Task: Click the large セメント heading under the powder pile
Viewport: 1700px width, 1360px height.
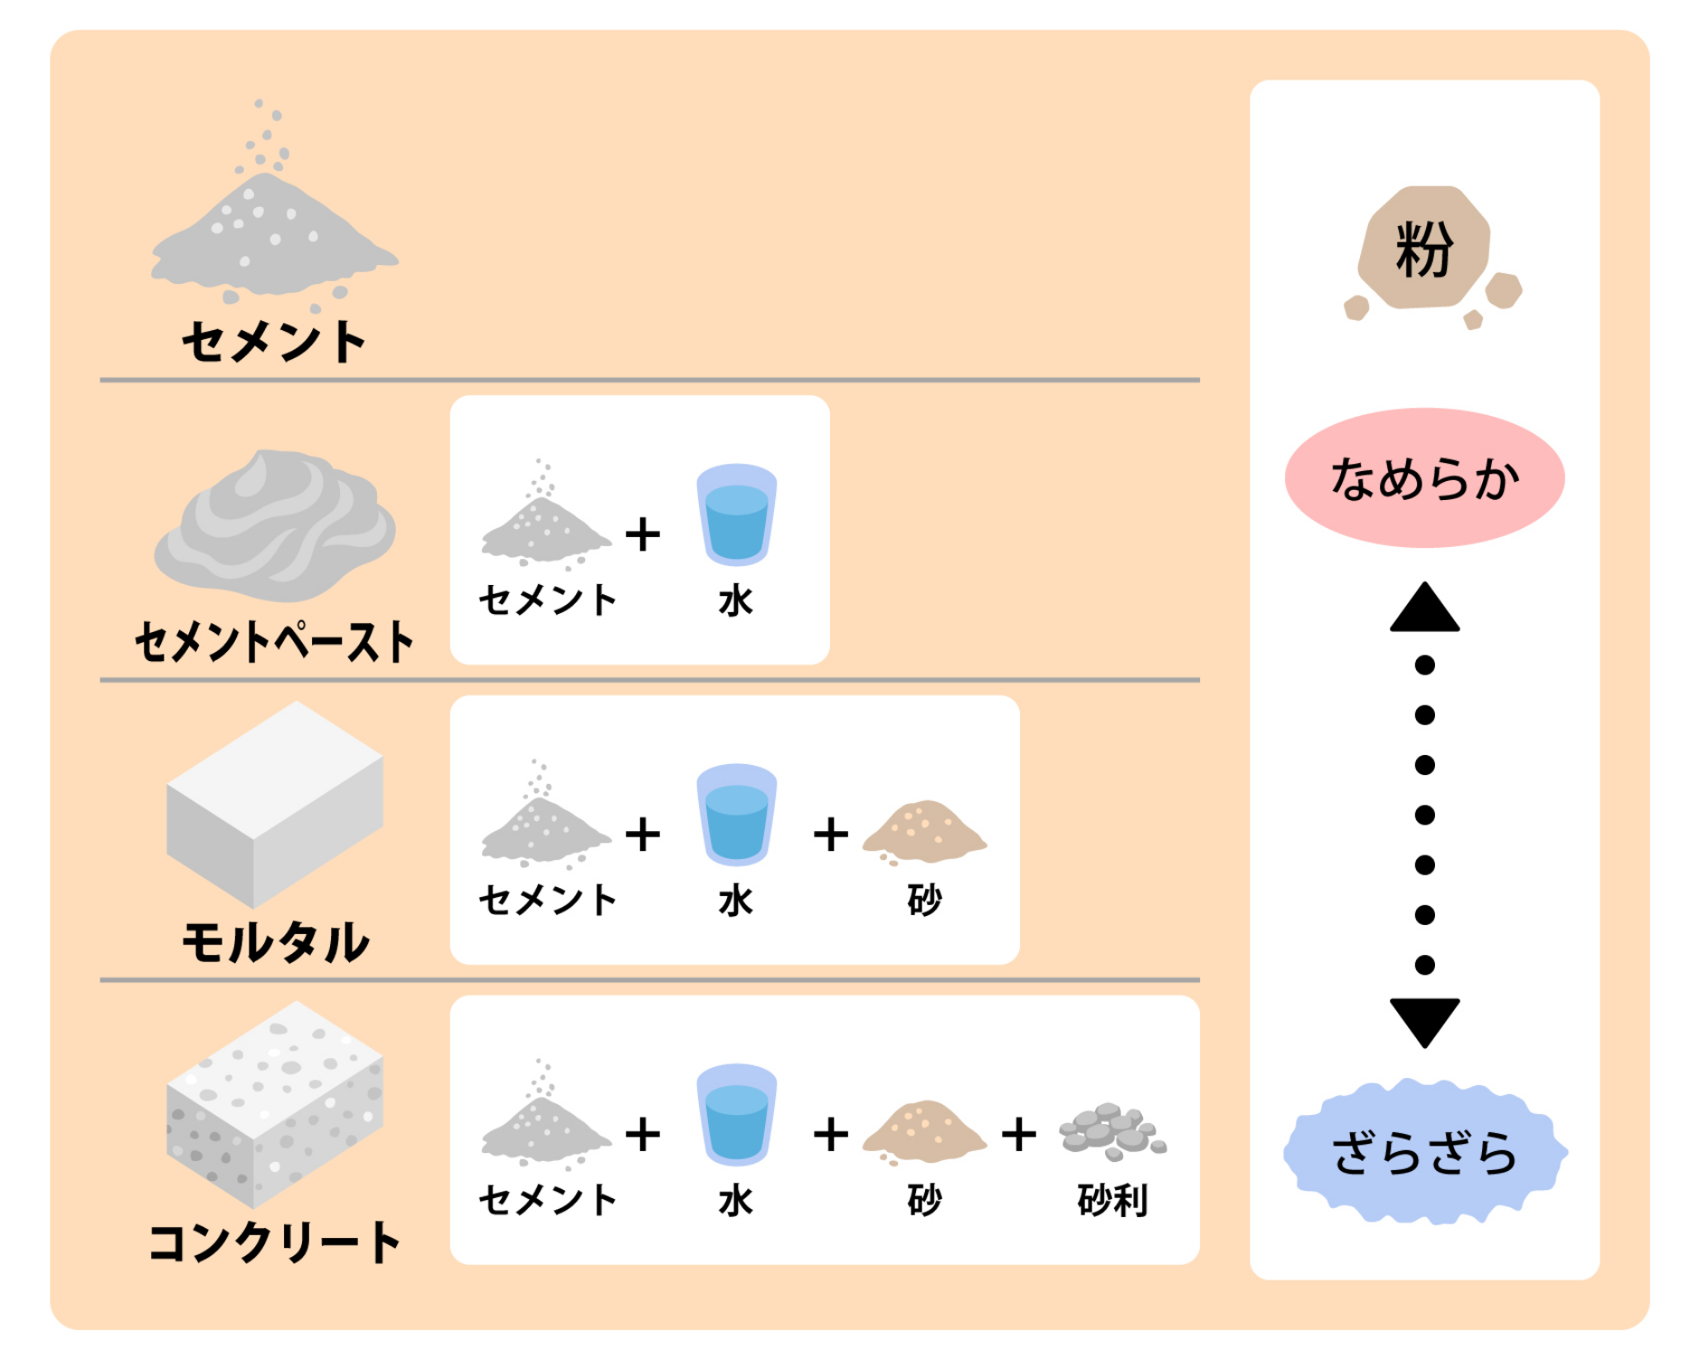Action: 274,342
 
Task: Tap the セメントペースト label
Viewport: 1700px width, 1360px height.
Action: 274,642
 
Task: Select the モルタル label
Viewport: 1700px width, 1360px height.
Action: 276,942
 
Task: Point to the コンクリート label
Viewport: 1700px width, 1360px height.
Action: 274,1242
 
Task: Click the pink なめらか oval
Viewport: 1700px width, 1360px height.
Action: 1424,477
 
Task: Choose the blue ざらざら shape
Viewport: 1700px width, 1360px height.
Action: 1424,1152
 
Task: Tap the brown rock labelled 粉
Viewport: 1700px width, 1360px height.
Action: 1424,249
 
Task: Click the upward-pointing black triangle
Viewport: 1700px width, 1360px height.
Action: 1424,609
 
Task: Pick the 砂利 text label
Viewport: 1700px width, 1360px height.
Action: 1112,1201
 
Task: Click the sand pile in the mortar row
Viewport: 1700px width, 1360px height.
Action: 924,831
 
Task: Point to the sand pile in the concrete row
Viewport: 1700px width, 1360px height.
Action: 924,1131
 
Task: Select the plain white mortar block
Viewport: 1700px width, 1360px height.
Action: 274,805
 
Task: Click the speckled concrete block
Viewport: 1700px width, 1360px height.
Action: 274,1103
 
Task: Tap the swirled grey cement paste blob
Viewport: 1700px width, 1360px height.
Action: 274,524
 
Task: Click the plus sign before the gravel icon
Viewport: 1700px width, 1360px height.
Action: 1018,1134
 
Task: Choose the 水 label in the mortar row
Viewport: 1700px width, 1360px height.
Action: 736,901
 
